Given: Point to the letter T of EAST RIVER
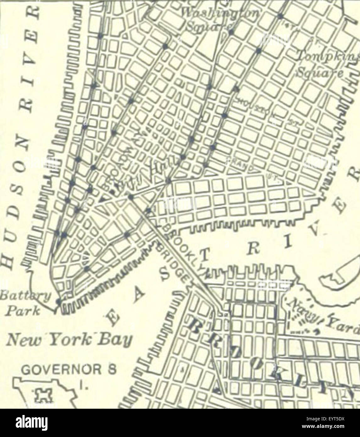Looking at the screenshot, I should (204, 258).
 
